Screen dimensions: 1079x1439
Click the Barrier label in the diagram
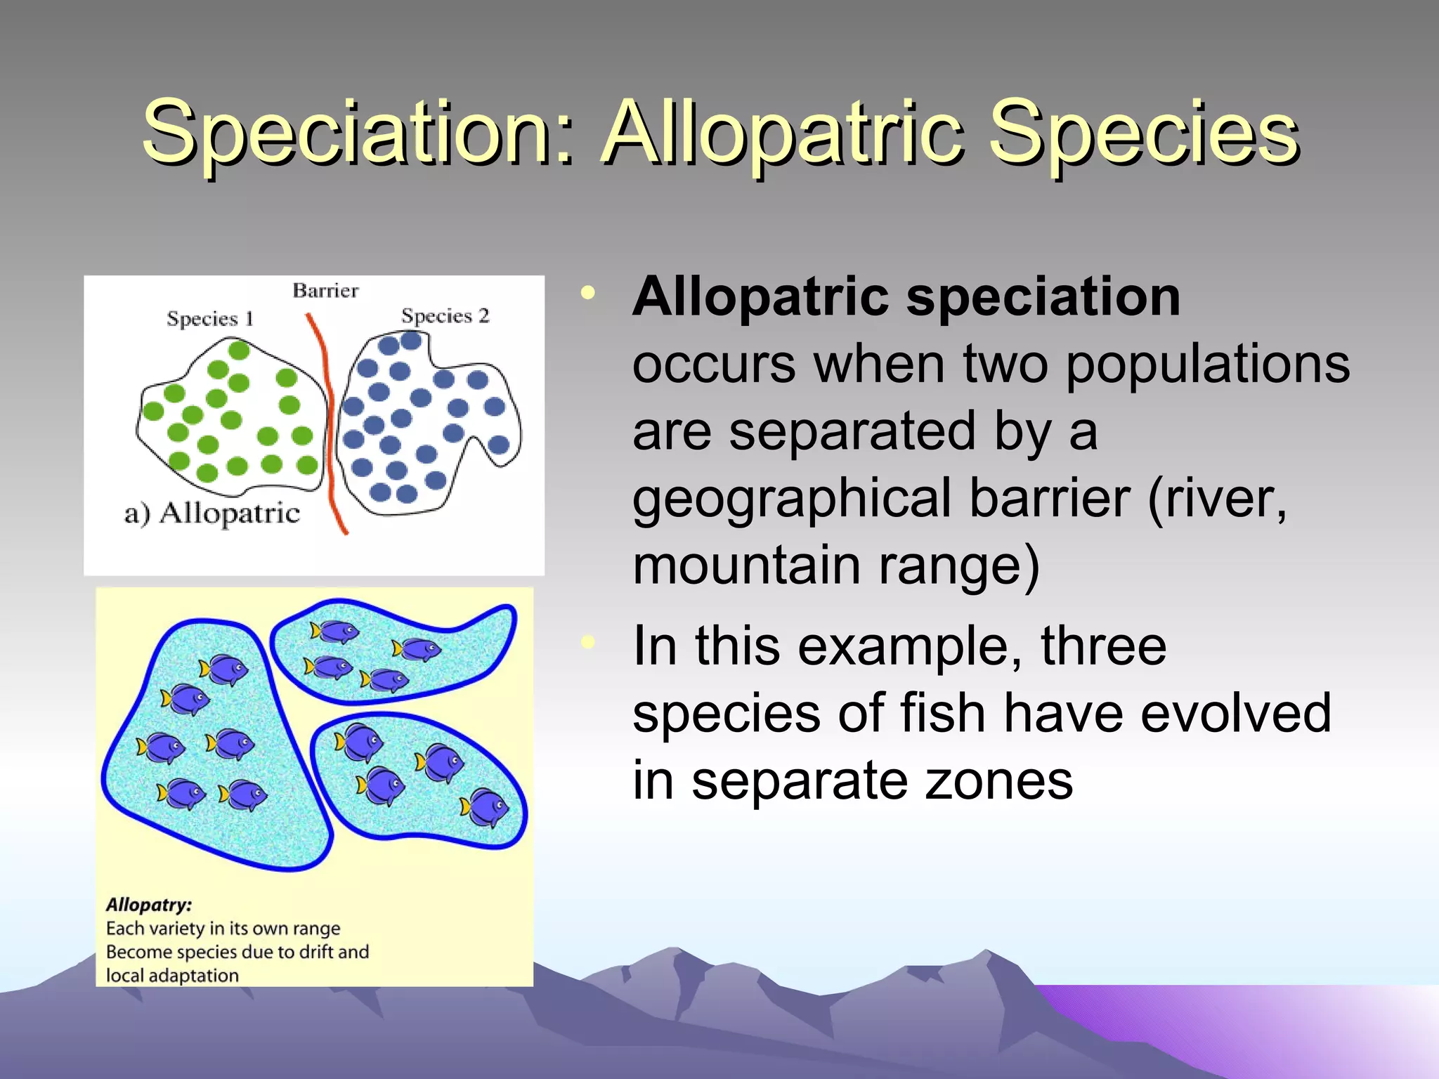click(325, 291)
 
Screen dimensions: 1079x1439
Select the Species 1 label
click(209, 319)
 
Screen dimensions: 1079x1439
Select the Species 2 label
click(445, 316)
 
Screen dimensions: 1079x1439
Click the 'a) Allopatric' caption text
click(212, 514)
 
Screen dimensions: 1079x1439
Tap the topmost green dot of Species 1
click(239, 350)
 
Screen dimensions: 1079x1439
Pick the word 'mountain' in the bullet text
click(745, 565)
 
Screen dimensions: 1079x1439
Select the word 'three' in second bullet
click(1103, 646)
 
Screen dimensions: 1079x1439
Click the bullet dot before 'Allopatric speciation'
click(588, 294)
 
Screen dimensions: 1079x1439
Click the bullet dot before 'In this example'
click(588, 641)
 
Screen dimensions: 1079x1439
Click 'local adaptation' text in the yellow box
click(172, 976)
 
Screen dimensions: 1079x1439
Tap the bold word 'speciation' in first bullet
click(1043, 297)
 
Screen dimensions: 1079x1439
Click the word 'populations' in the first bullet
click(1207, 365)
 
